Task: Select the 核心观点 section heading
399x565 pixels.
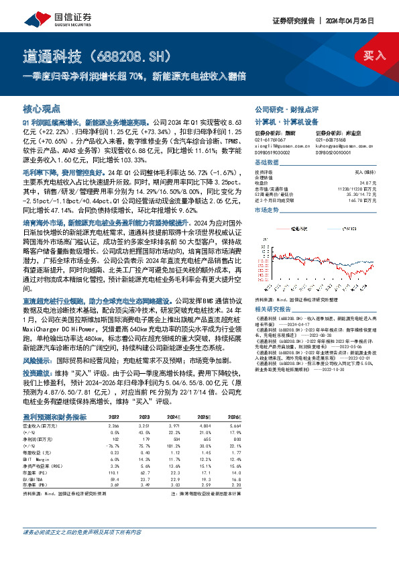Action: [42, 108]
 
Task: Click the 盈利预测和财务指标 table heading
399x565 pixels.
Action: [54, 398]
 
